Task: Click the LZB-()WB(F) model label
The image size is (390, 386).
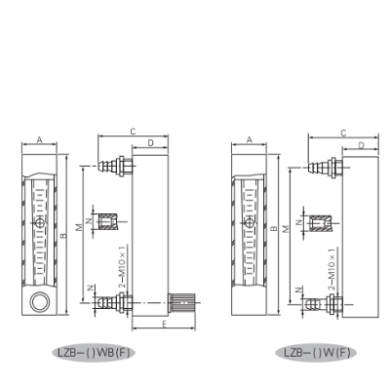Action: click(94, 353)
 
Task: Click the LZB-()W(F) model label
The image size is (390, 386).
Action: click(317, 353)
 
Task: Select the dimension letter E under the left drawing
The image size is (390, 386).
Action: click(165, 324)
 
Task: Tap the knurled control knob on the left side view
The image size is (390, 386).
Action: click(181, 303)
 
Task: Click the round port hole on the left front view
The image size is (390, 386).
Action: click(40, 302)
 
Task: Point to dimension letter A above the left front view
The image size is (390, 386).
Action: click(40, 139)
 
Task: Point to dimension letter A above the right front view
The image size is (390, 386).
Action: click(250, 139)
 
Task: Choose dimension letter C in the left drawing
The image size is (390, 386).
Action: click(133, 132)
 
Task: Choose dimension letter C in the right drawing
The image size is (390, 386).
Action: click(343, 133)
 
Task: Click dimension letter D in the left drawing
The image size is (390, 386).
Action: click(150, 143)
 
